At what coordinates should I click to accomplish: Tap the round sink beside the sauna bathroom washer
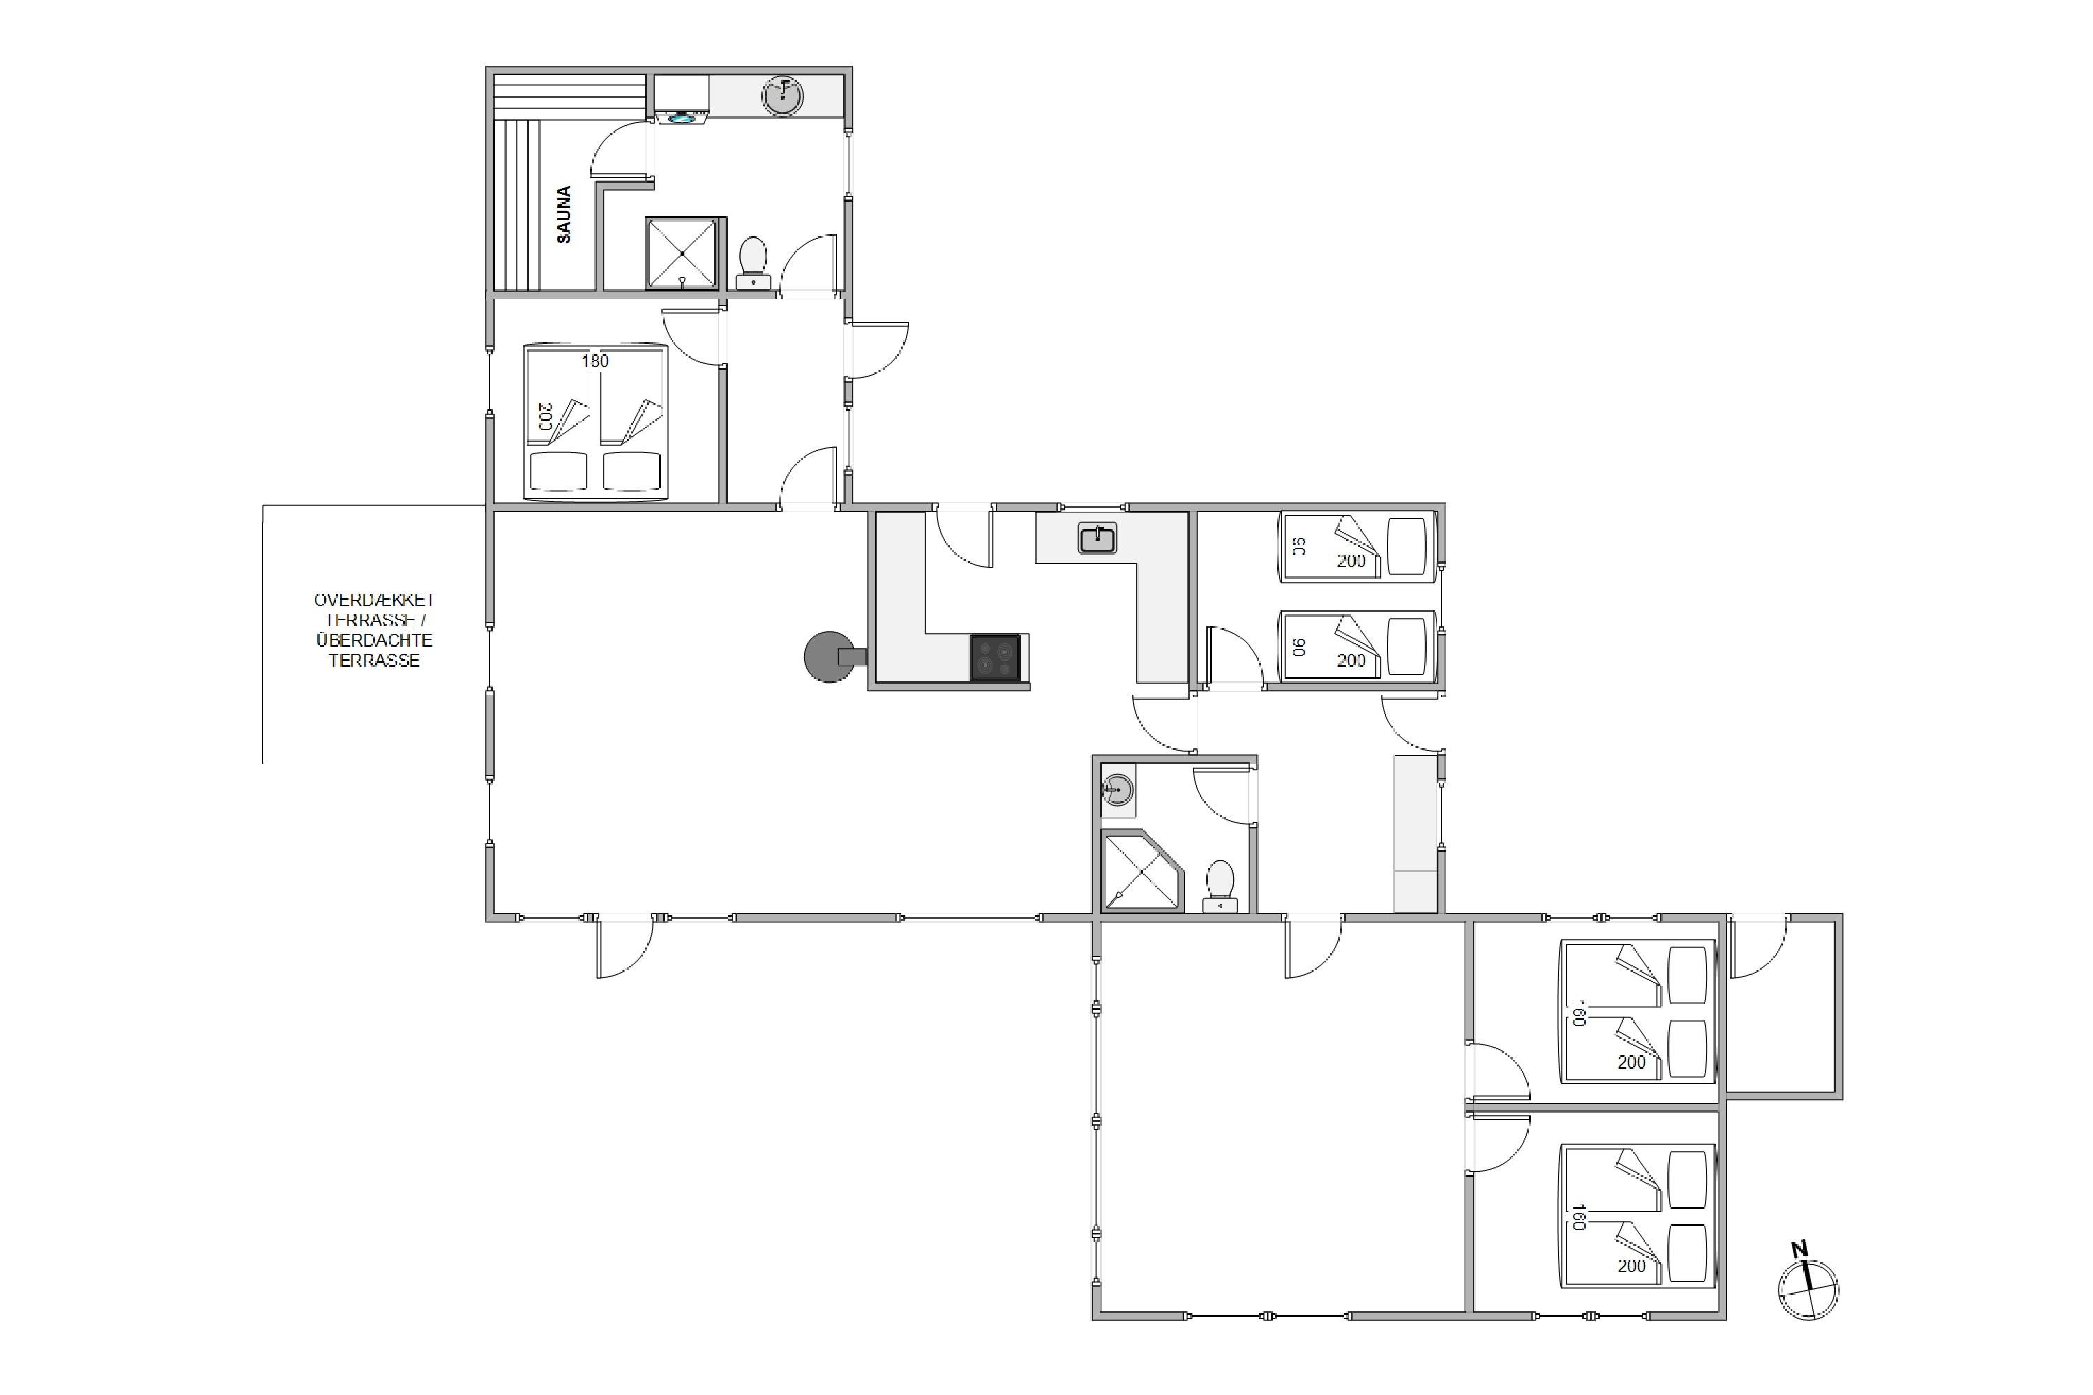782,96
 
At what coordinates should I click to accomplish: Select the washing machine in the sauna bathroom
682,100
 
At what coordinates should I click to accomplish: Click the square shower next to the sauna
682,254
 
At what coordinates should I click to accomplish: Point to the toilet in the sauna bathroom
753,262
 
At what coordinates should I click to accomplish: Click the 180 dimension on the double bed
595,361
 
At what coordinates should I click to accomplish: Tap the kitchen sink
1097,538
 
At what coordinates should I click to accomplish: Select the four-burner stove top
995,658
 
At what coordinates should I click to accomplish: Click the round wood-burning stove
830,656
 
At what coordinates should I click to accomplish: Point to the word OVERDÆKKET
374,601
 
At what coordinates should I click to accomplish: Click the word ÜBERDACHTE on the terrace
374,640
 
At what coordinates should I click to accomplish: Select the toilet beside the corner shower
1220,886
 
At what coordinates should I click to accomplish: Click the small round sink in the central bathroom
1117,788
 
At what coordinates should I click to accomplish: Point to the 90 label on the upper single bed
1299,546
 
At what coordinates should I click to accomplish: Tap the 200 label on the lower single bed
1351,661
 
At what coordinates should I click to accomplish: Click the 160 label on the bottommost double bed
1579,1216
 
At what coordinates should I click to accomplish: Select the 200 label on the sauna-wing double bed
545,416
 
